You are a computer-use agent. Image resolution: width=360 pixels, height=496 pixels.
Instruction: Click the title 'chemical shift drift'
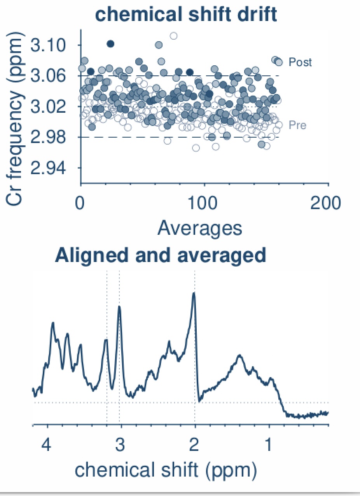coord(186,15)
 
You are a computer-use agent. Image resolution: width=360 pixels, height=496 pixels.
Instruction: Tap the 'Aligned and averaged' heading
coord(161,255)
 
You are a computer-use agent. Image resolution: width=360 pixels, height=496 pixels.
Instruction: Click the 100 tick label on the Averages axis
coord(204,204)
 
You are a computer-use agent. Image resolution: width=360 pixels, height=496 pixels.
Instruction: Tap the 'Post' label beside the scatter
coord(300,62)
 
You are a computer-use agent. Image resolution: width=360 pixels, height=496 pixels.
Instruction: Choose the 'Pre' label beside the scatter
coord(297,125)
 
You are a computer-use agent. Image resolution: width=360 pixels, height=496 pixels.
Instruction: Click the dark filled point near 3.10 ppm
coord(110,44)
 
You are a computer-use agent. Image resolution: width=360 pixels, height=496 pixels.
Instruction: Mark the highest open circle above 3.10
coord(174,36)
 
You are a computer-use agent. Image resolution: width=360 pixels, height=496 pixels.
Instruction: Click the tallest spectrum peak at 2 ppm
coord(194,294)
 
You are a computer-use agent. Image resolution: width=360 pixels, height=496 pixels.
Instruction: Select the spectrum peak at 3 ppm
coord(119,307)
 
